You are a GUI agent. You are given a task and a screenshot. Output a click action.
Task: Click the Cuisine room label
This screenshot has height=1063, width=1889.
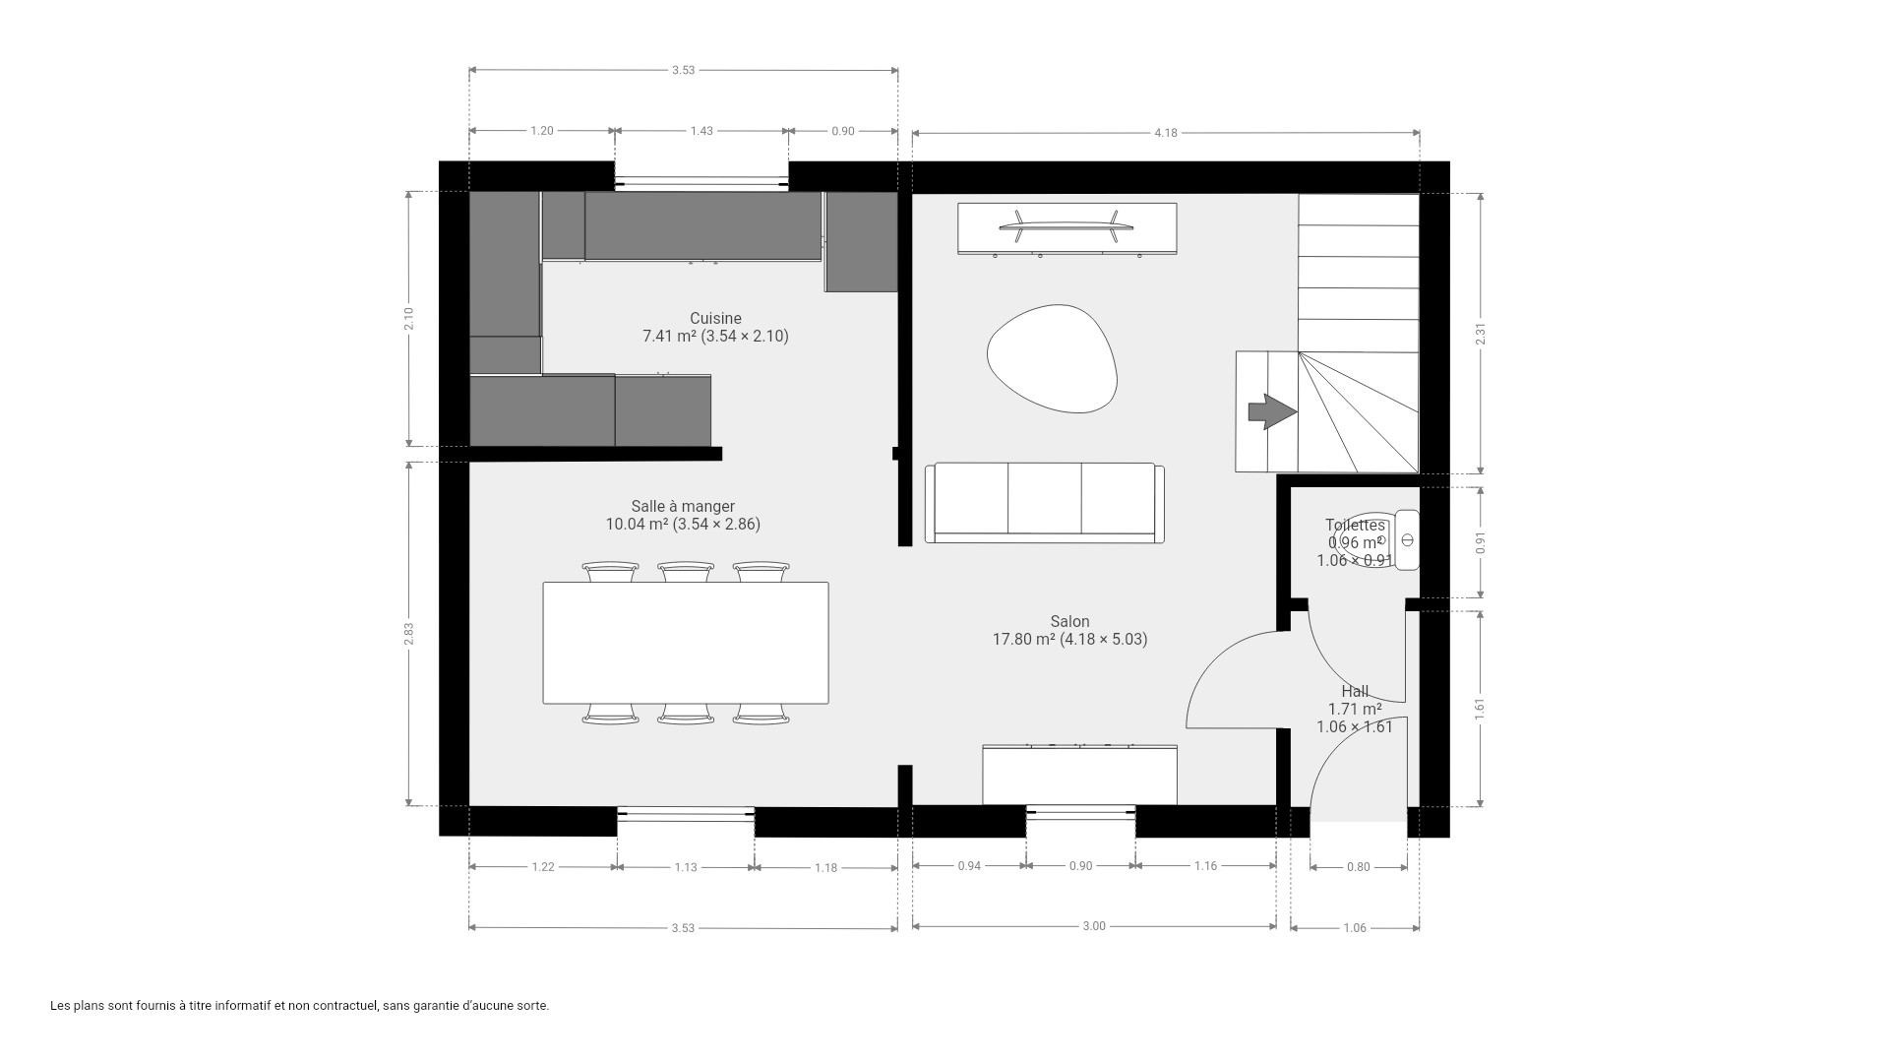(x=715, y=319)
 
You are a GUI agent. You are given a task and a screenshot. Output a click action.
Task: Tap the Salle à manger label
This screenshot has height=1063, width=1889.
(x=683, y=507)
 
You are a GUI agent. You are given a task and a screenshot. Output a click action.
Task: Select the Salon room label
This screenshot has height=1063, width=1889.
(x=1069, y=622)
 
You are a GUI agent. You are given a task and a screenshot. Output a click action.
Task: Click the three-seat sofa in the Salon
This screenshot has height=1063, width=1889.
(x=1044, y=503)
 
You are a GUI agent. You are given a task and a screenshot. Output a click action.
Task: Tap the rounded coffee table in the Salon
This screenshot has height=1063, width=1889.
(x=1052, y=358)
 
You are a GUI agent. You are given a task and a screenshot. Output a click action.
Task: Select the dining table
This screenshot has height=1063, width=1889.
(x=686, y=643)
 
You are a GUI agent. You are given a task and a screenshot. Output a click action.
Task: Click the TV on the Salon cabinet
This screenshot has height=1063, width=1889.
(x=1067, y=227)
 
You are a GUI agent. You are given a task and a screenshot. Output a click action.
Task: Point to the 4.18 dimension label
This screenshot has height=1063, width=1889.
(x=1166, y=133)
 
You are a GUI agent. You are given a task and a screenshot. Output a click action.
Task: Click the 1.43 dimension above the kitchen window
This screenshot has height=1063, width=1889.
(x=701, y=131)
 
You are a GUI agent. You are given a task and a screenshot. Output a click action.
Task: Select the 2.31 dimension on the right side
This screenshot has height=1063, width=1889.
(x=1481, y=334)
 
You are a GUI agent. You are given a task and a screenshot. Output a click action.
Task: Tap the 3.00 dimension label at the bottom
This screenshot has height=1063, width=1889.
(x=1094, y=926)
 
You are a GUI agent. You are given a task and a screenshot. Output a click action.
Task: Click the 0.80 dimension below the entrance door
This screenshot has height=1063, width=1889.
(x=1358, y=867)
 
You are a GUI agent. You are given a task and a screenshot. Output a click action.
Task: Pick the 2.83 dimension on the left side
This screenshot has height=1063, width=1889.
(x=408, y=634)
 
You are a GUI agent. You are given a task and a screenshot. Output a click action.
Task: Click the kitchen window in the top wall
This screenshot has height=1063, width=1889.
(x=701, y=182)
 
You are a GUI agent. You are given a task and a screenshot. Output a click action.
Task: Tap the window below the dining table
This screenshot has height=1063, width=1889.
(x=686, y=813)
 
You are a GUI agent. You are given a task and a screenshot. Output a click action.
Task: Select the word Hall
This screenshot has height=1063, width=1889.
(x=1355, y=692)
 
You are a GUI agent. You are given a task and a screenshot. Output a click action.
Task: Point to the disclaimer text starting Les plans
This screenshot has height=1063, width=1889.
(x=299, y=1006)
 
